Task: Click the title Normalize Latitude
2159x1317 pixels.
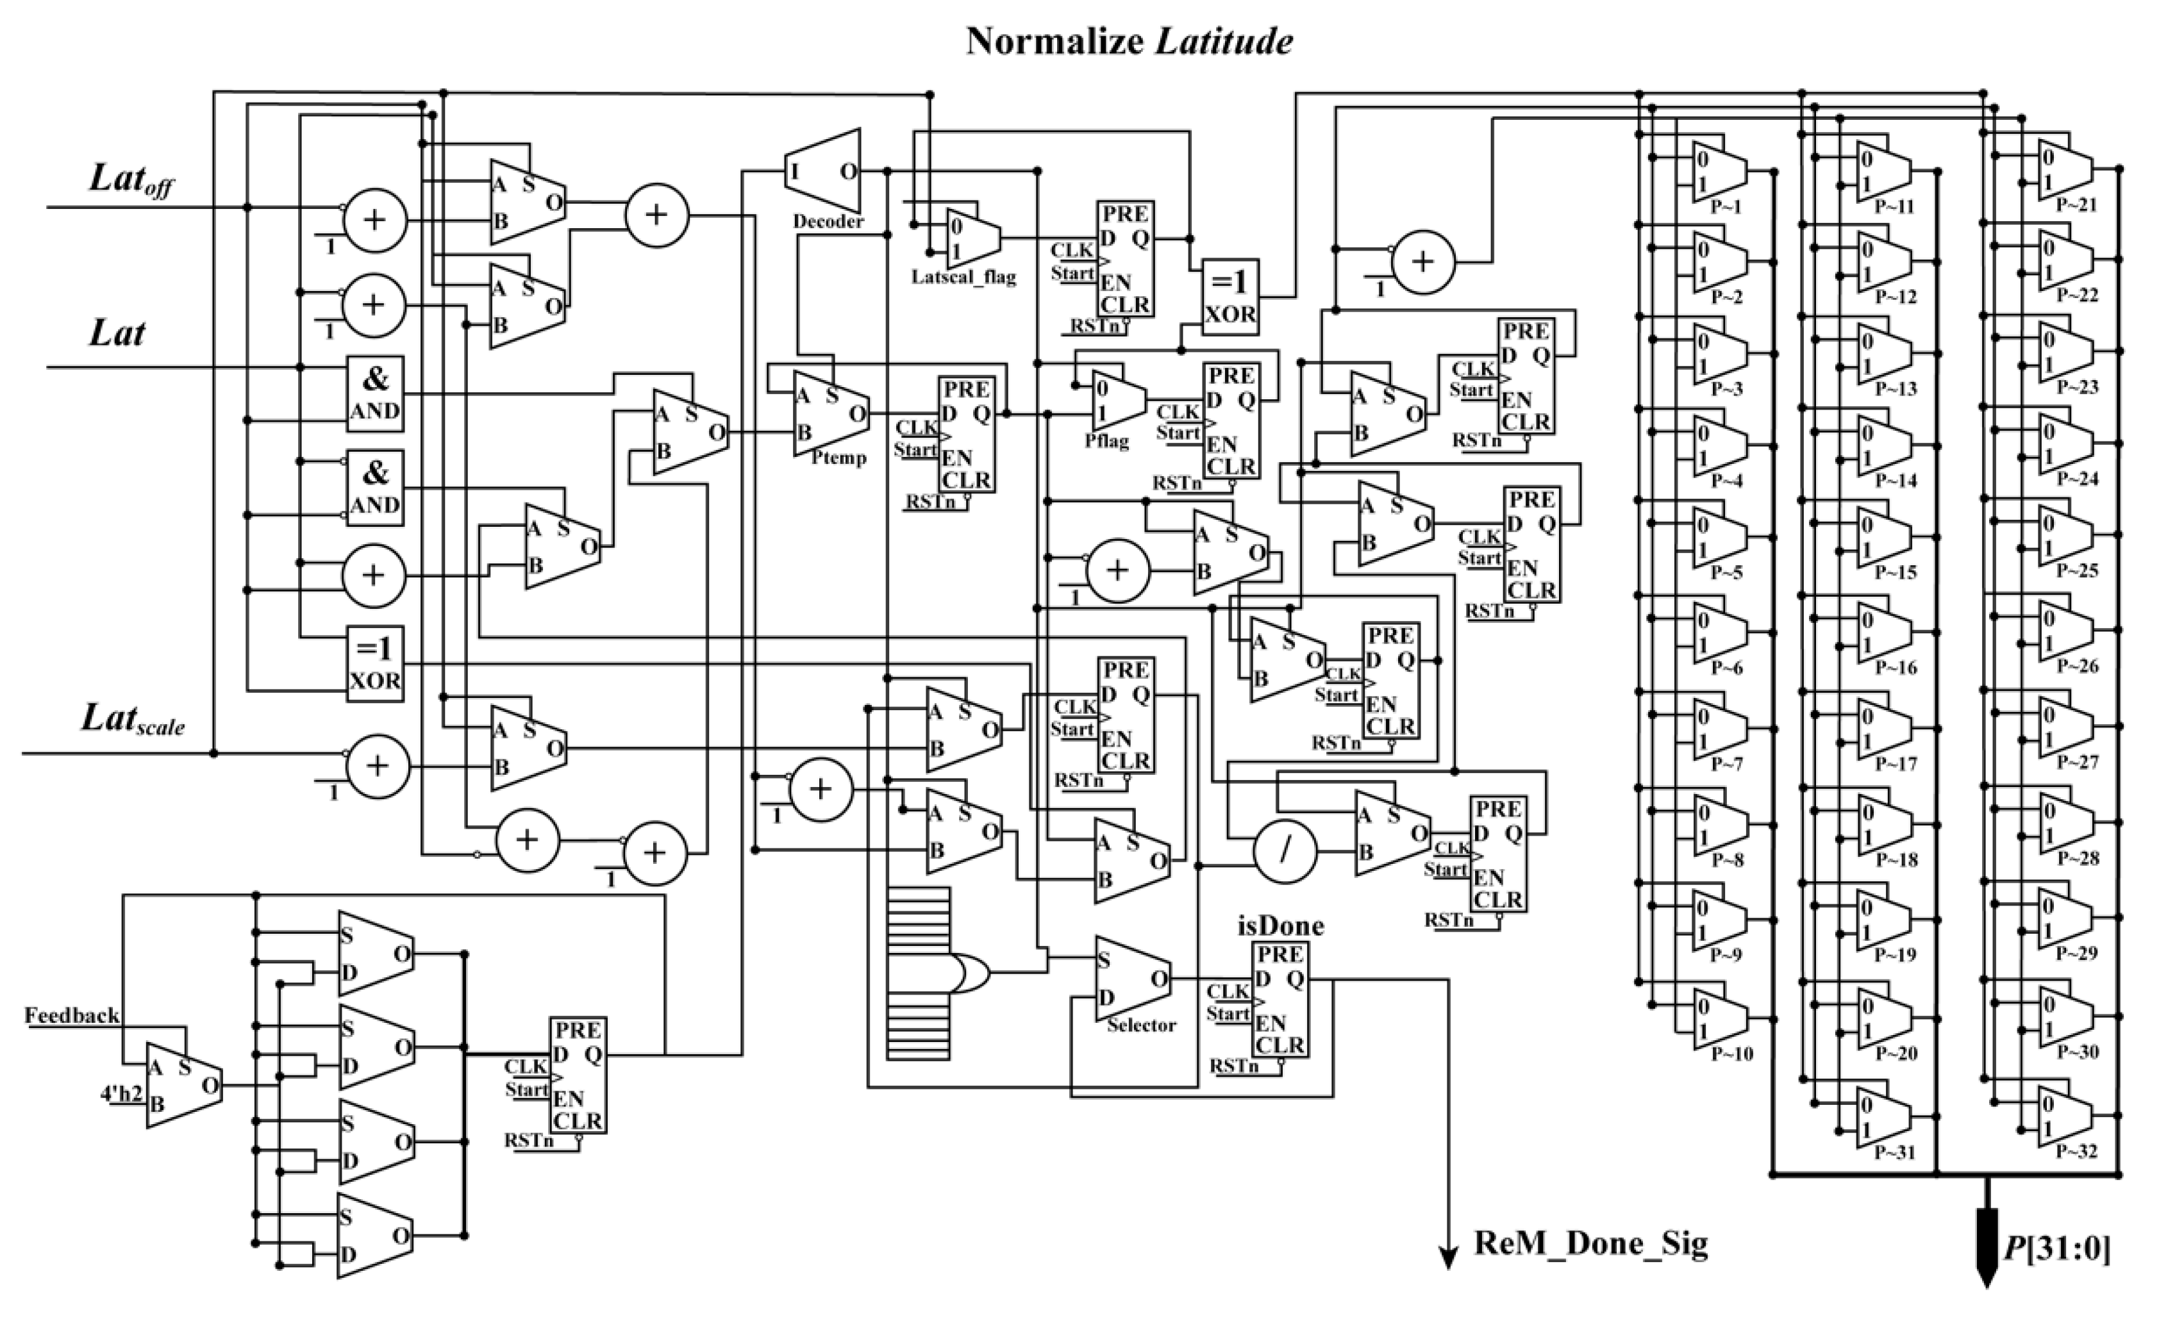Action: [1129, 41]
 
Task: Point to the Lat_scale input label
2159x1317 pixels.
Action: [132, 720]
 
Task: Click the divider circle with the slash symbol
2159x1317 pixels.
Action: [1285, 852]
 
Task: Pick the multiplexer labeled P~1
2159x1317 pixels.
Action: [1718, 172]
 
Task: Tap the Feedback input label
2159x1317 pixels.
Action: [72, 1016]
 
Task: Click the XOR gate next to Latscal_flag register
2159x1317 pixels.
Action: [1230, 297]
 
